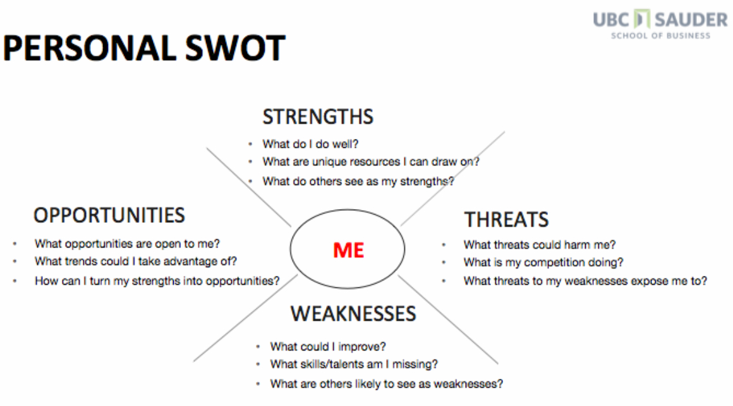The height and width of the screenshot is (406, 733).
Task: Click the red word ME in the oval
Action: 348,250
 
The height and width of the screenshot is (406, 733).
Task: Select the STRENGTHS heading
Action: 318,117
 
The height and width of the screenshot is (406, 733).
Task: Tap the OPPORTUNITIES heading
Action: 109,215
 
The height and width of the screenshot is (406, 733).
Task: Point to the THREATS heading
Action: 506,220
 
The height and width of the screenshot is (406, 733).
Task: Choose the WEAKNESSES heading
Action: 353,313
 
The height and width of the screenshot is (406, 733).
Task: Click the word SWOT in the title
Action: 235,47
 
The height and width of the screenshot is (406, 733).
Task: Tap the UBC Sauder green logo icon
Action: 641,19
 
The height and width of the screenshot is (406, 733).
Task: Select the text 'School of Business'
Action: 660,35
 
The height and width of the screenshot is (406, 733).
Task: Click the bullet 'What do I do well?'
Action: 310,144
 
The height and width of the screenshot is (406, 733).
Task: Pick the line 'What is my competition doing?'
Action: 543,263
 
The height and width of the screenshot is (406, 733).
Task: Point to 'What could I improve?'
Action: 328,347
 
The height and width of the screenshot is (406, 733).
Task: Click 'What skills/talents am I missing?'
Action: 354,364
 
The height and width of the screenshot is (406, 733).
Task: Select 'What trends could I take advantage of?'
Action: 136,261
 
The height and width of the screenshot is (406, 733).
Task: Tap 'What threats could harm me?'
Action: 540,245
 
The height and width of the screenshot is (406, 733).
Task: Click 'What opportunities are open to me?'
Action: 127,244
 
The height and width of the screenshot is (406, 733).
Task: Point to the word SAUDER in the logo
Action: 691,20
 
